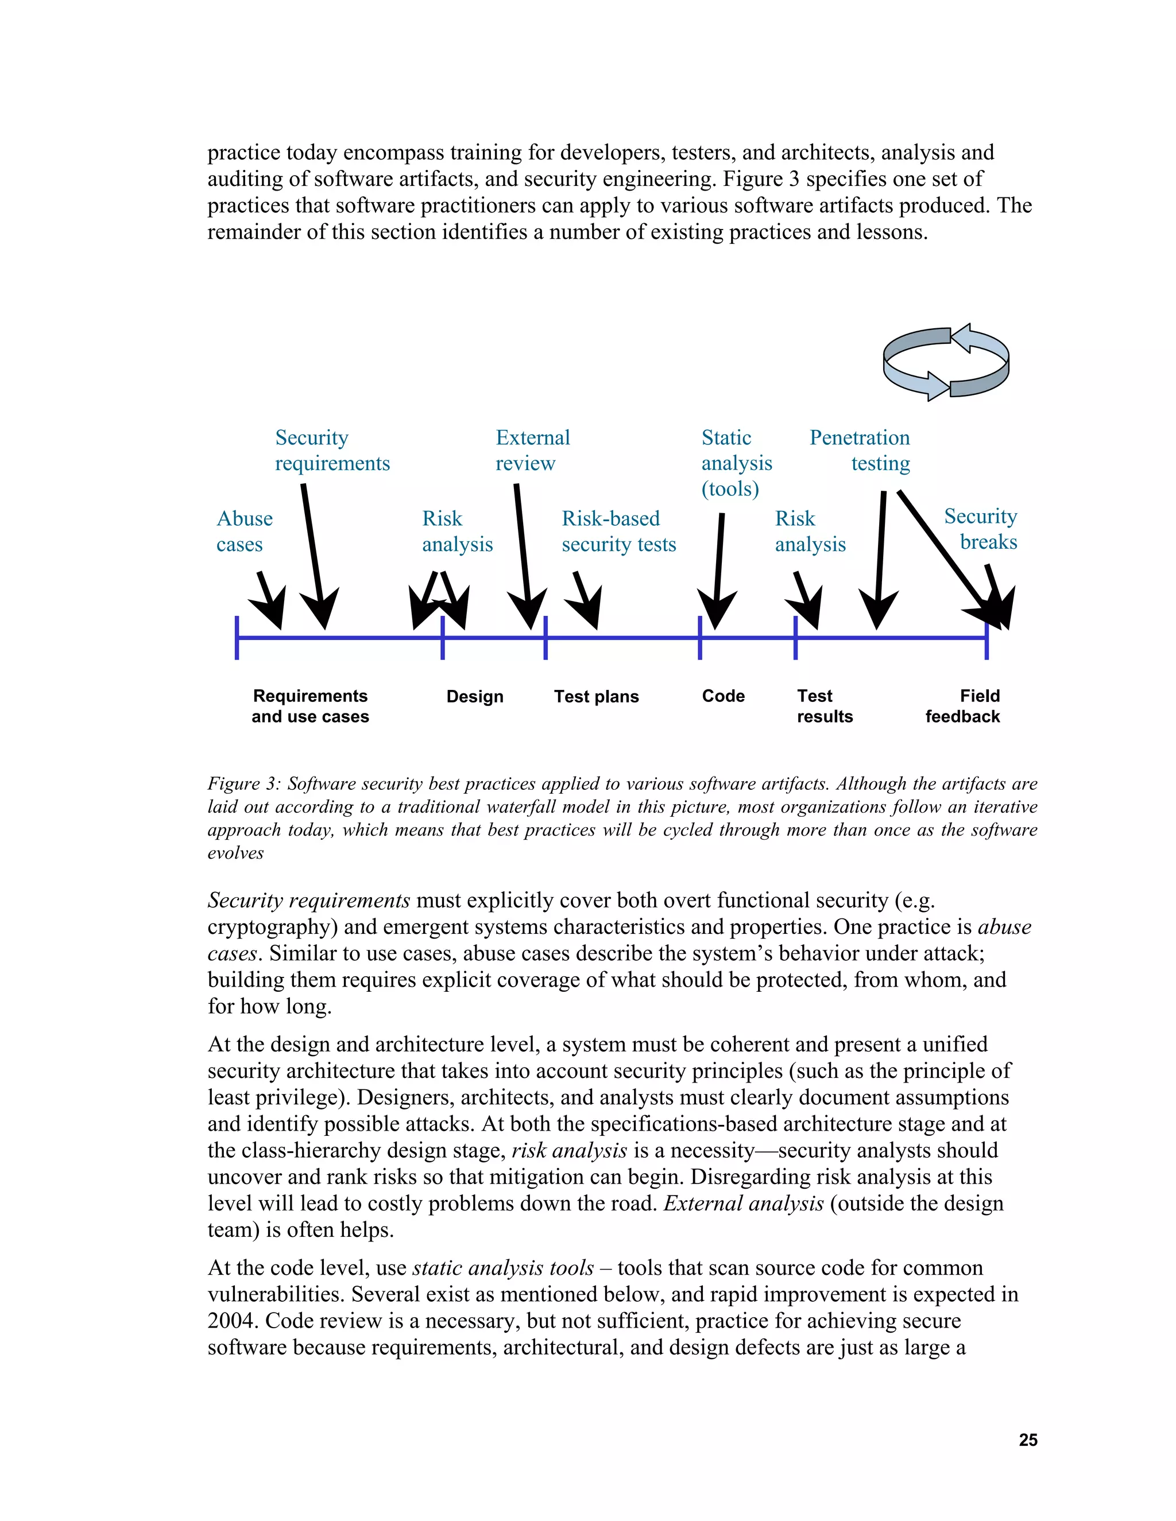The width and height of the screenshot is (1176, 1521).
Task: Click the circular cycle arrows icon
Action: coord(945,362)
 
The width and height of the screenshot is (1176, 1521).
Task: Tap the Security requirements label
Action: coord(332,450)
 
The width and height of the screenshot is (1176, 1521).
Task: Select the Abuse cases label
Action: coord(244,531)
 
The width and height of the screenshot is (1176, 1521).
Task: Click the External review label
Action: coord(532,450)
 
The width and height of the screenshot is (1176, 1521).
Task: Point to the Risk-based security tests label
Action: coord(618,531)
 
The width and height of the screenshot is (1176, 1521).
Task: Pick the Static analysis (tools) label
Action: coord(736,463)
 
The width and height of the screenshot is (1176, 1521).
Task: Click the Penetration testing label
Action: coord(860,450)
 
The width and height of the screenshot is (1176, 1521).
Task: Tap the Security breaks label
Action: coord(981,529)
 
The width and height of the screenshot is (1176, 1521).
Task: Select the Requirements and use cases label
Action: coord(310,706)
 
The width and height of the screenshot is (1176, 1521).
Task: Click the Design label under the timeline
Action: coord(474,696)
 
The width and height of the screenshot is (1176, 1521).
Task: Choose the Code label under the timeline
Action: coord(723,696)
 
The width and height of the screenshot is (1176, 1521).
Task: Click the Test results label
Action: coord(824,706)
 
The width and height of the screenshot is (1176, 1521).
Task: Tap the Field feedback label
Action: coord(964,706)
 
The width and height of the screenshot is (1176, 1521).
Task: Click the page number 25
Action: coord(1028,1440)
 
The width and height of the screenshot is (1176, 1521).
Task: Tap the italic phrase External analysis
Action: coord(744,1204)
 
